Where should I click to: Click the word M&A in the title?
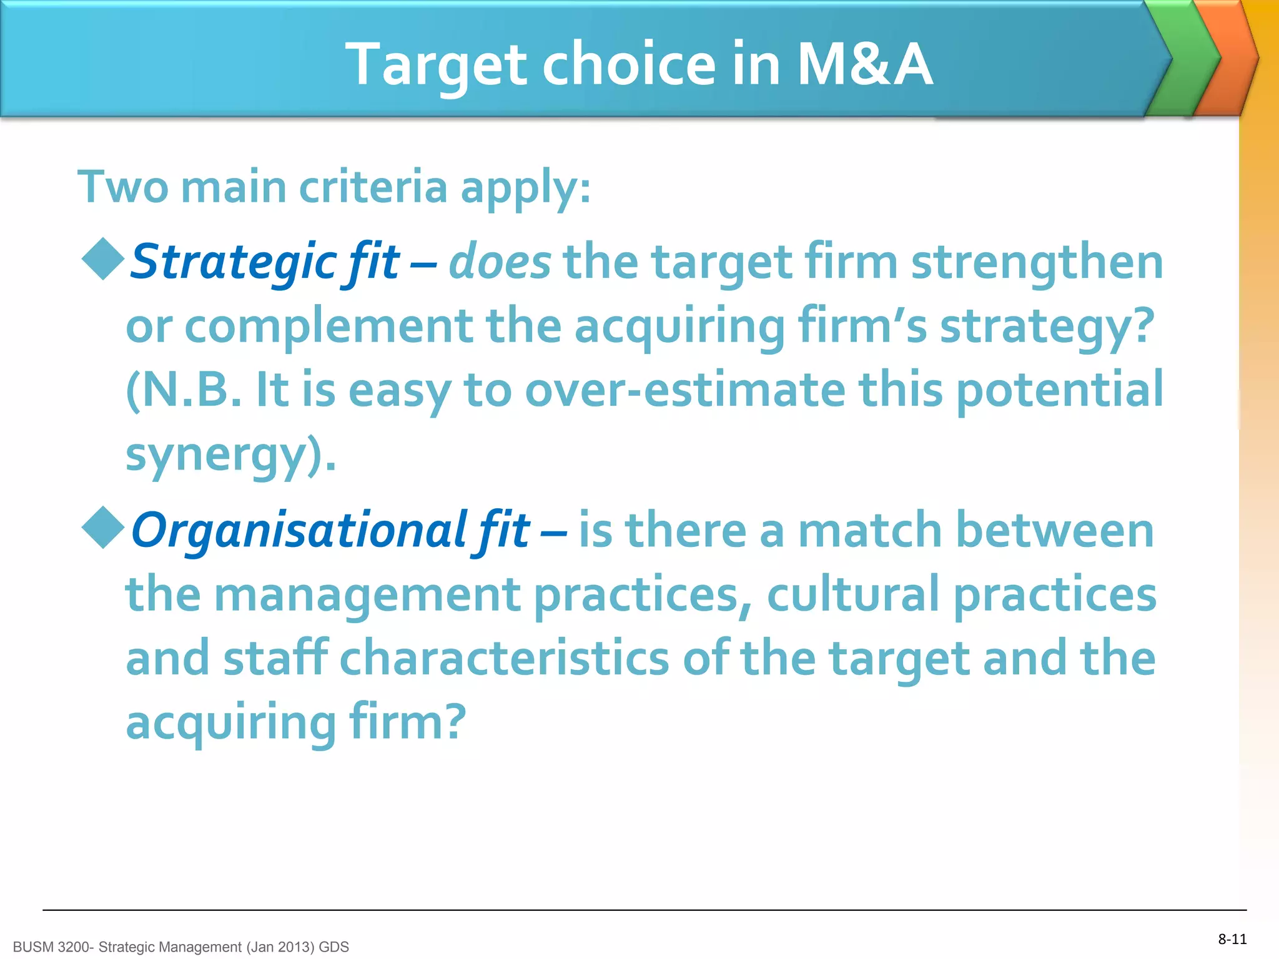pyautogui.click(x=865, y=64)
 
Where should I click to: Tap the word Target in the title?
pyautogui.click(x=437, y=65)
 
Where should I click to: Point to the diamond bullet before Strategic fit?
pyautogui.click(x=103, y=259)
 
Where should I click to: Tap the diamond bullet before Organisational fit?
pyautogui.click(x=103, y=528)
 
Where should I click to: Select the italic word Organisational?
pyautogui.click(x=300, y=530)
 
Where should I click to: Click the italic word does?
pyautogui.click(x=500, y=262)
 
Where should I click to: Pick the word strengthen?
pyautogui.click(x=1037, y=262)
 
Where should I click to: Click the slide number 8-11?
pyautogui.click(x=1232, y=939)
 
